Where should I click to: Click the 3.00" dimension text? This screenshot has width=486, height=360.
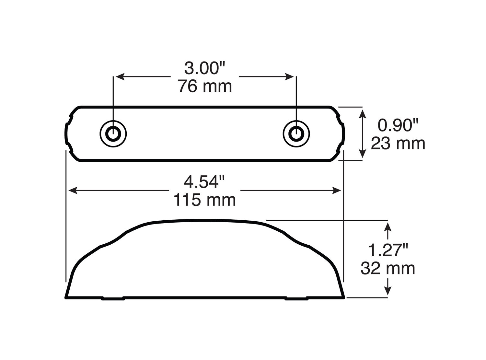coord(204,68)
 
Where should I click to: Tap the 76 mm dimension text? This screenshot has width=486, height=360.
coord(205,86)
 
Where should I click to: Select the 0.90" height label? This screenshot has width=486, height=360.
coord(398,125)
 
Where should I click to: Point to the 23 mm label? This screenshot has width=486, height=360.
coord(398,143)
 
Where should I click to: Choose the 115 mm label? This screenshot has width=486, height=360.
coord(204,200)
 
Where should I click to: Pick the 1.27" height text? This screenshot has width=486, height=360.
coord(388,250)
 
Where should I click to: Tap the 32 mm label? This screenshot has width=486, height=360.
coord(388,269)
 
